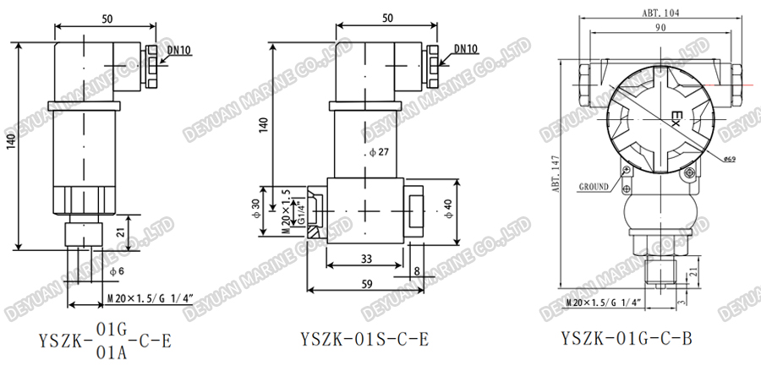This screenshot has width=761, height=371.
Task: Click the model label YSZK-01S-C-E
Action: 364,340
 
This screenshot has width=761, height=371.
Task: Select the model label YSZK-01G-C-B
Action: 627,340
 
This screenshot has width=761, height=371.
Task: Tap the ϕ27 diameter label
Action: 378,152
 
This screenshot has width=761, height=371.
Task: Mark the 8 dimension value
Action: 416,271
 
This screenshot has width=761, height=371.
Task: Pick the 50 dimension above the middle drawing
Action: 386,17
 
